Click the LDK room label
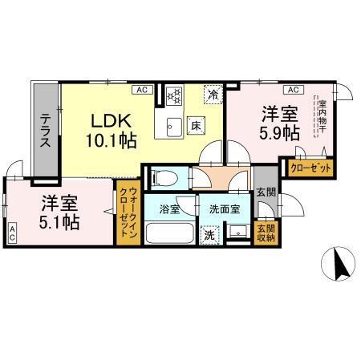[x=112, y=120]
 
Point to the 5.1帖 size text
[x=59, y=222]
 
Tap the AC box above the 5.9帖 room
[x=293, y=89]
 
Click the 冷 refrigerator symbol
[x=213, y=94]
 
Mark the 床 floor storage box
[x=195, y=125]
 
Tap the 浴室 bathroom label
[x=168, y=209]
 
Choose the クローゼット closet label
[x=306, y=169]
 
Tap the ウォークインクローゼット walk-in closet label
[x=127, y=215]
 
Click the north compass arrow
[x=339, y=264]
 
